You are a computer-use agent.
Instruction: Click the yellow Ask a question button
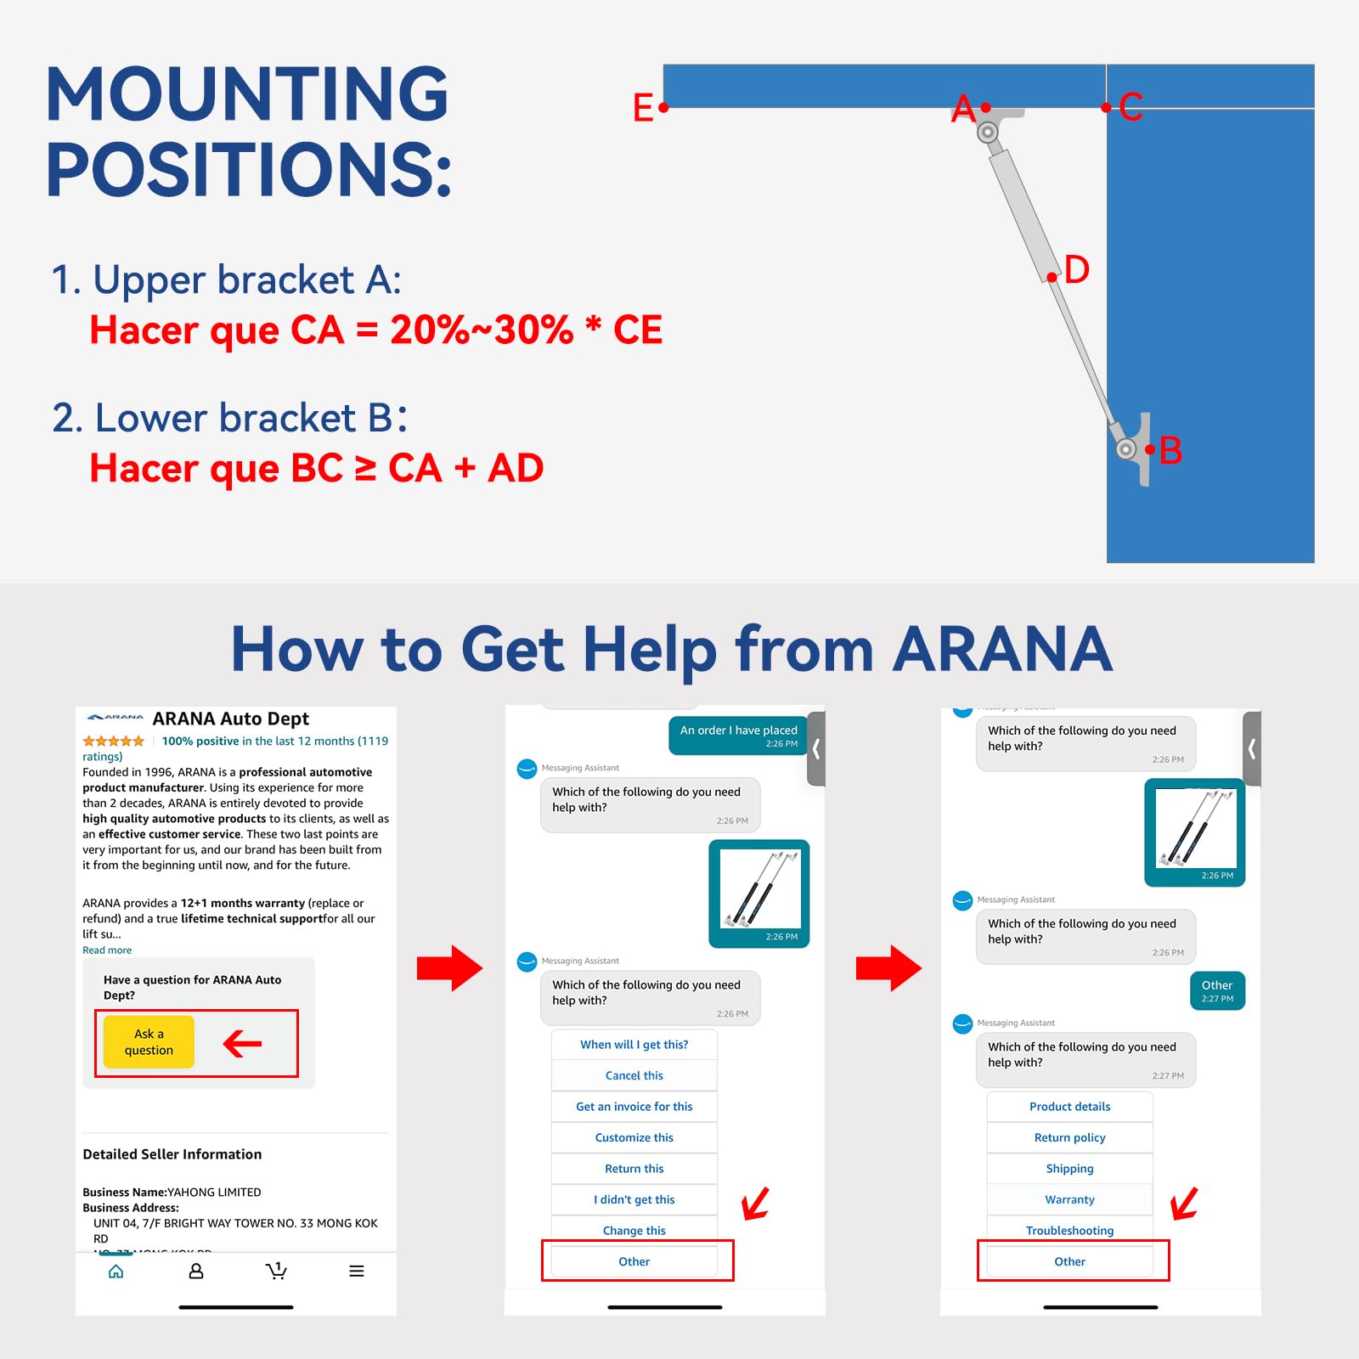coord(149,1041)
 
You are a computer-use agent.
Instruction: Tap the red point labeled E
coord(663,108)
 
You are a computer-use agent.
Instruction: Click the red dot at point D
coord(1052,277)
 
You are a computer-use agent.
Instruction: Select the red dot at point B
coord(1149,449)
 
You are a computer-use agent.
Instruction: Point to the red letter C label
coord(1131,107)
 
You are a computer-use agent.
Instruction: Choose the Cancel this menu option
coord(634,1075)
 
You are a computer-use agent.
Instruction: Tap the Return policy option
coord(1069,1137)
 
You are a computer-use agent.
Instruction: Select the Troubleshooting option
coord(1069,1230)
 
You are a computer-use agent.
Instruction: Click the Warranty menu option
coord(1069,1199)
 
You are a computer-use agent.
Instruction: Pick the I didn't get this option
coord(634,1199)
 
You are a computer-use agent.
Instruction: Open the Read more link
coord(107,950)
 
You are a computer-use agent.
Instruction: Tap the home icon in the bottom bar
coord(116,1271)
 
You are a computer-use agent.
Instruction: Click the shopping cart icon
coord(276,1271)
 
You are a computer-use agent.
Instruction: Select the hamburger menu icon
coord(357,1271)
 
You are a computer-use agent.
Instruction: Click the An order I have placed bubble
coord(737,736)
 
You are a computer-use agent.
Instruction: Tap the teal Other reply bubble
coord(1217,990)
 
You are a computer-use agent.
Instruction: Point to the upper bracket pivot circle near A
coord(987,133)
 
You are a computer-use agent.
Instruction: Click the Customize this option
coord(634,1137)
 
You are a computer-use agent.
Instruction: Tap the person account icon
coord(196,1271)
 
